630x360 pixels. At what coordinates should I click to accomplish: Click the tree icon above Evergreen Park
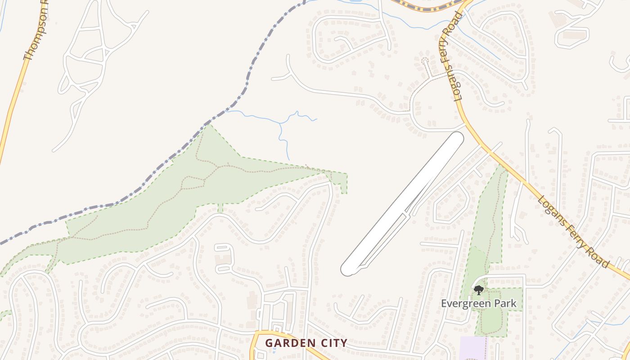click(x=479, y=290)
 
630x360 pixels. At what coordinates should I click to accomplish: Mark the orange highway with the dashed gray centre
click(x=427, y=8)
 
